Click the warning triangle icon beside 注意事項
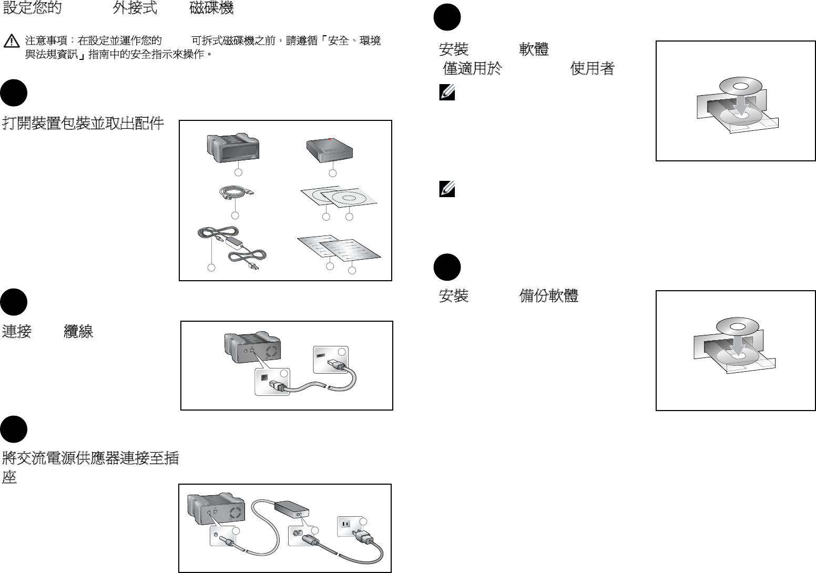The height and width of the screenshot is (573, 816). coord(12,41)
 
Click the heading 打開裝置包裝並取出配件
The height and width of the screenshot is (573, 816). coord(83,124)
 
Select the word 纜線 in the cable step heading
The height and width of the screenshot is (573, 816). coord(78,331)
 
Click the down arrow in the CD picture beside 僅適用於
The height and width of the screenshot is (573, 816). coord(741,106)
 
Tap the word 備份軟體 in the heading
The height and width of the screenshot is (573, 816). coord(548,296)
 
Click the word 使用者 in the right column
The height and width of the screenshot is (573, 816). coord(593,68)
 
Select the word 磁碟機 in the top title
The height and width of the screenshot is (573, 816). coord(211,8)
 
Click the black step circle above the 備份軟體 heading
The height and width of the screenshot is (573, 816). coord(447,267)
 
